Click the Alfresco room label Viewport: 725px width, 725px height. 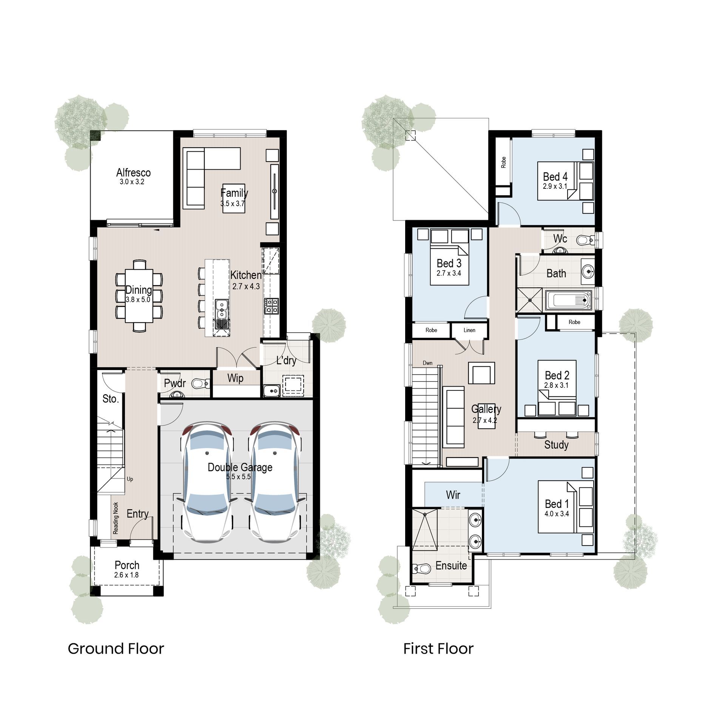(x=133, y=173)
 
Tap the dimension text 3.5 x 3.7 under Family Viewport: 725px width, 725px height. (x=233, y=204)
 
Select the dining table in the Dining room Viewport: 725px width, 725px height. (x=139, y=296)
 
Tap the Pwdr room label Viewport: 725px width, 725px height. (x=174, y=383)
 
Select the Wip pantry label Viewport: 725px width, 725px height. (x=235, y=378)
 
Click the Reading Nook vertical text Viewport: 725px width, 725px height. (x=116, y=518)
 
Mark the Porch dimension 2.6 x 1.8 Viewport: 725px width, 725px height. (x=126, y=575)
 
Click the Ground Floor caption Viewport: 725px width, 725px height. (x=116, y=649)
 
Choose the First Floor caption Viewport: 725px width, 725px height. (x=438, y=649)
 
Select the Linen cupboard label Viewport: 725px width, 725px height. (x=469, y=330)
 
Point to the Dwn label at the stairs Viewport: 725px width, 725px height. (x=427, y=363)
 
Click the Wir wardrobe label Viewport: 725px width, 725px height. (x=453, y=495)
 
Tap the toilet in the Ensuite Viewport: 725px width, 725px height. (x=422, y=568)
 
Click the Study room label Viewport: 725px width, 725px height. (x=556, y=444)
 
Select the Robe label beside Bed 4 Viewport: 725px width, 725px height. (x=503, y=162)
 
